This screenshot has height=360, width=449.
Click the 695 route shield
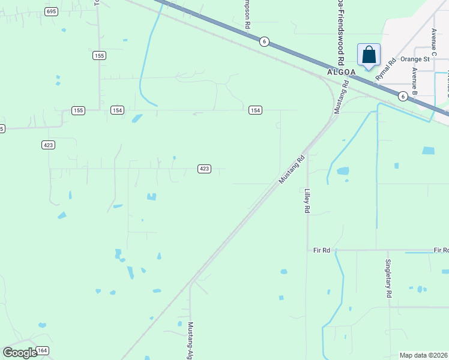[x=51, y=11]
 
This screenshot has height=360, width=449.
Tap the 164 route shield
[x=42, y=350]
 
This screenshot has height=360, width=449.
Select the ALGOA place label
[x=342, y=71]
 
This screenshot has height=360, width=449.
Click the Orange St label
[x=415, y=59]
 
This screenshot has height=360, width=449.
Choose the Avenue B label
[x=414, y=82]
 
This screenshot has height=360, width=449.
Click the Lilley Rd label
[x=307, y=201]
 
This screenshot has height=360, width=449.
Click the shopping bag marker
[x=369, y=56]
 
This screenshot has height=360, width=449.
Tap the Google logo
[x=20, y=352]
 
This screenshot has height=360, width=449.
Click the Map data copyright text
[x=424, y=355]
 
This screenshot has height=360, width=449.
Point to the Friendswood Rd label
[x=340, y=33]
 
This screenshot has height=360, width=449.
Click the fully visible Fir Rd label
[x=322, y=250]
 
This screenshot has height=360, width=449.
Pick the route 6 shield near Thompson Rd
[x=264, y=41]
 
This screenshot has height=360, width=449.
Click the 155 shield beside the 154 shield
[x=78, y=110]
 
